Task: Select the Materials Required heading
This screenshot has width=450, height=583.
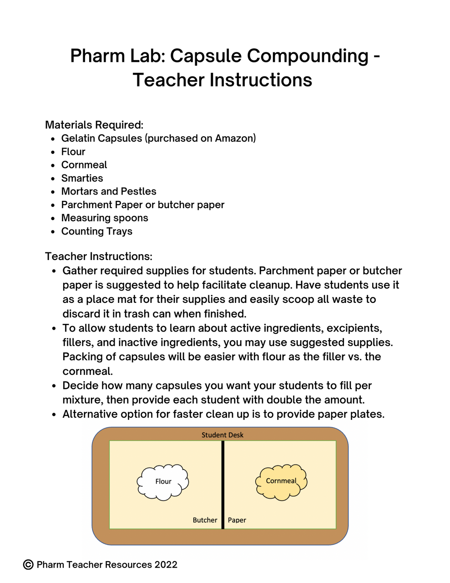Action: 94,125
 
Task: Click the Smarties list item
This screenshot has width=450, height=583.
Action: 82,178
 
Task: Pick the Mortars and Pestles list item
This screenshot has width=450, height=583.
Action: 109,191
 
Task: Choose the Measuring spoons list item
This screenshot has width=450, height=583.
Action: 105,218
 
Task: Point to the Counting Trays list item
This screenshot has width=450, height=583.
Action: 96,231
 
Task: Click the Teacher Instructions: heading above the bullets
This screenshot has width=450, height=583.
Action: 99,256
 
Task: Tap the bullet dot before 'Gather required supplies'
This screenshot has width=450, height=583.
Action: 54,271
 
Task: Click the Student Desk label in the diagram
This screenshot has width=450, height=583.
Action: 222,435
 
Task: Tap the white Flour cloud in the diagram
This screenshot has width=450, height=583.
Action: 163,482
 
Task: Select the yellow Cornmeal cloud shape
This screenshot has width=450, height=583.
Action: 281,481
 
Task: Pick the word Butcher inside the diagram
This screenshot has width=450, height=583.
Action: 205,520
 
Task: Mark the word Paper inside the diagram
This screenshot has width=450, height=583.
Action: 237,520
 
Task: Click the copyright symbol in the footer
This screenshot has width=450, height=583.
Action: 28,565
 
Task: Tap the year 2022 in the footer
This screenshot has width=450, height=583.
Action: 166,565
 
